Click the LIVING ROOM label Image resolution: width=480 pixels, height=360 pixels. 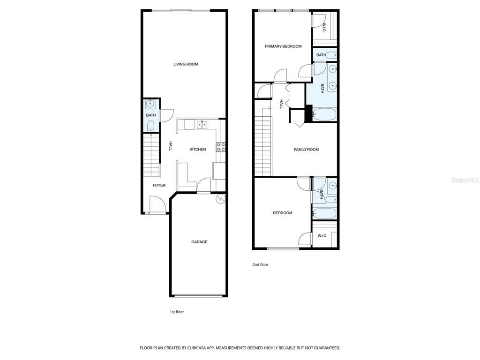(186, 64)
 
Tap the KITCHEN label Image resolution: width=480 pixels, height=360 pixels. (198, 150)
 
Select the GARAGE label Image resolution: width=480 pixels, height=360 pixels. (199, 242)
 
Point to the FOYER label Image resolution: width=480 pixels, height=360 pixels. (159, 185)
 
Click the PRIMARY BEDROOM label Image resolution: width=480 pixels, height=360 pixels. (283, 46)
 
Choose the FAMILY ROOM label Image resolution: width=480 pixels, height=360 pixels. (306, 150)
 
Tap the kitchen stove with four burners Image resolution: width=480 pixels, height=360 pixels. (221, 147)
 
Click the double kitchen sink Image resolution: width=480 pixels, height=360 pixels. (202, 125)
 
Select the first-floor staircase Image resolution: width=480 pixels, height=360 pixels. (151, 156)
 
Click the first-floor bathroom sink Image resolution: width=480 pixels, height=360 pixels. (150, 104)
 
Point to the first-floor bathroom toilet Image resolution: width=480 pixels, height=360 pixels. (150, 126)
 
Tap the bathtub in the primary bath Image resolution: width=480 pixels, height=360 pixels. (324, 114)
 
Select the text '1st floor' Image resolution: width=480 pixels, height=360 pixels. (177, 312)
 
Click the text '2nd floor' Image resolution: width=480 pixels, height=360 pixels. (260, 264)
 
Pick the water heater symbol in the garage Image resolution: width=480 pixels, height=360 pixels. (220, 199)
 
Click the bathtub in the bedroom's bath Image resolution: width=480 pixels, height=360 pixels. (324, 213)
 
